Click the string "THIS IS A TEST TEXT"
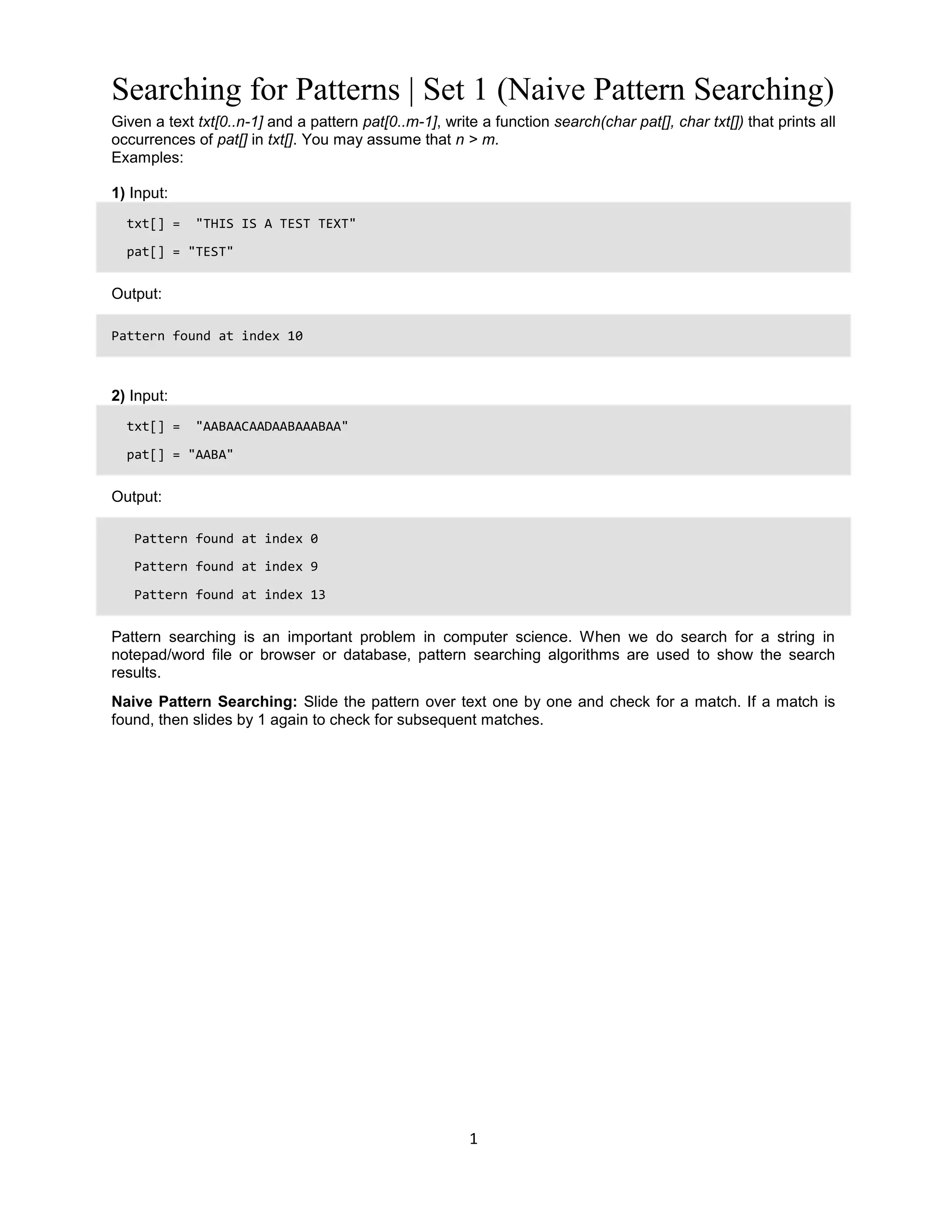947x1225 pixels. click(276, 224)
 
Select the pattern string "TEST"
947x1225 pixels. click(210, 252)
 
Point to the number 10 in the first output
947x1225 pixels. click(295, 336)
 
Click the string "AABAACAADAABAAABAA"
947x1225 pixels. click(271, 426)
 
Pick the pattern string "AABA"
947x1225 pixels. click(210, 454)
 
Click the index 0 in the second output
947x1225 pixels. click(314, 539)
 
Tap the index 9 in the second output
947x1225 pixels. click(314, 567)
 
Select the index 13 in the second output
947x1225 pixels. click(318, 595)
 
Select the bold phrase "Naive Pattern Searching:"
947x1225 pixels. click(204, 702)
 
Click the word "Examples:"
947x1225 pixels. click(147, 158)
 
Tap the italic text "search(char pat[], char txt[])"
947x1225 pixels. click(649, 122)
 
